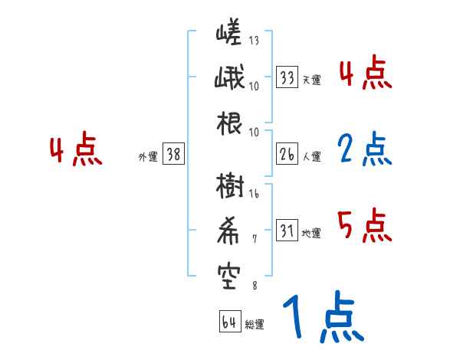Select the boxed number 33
point(287,77)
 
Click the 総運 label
point(254,324)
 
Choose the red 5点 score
point(364,226)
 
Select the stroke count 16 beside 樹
point(254,195)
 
